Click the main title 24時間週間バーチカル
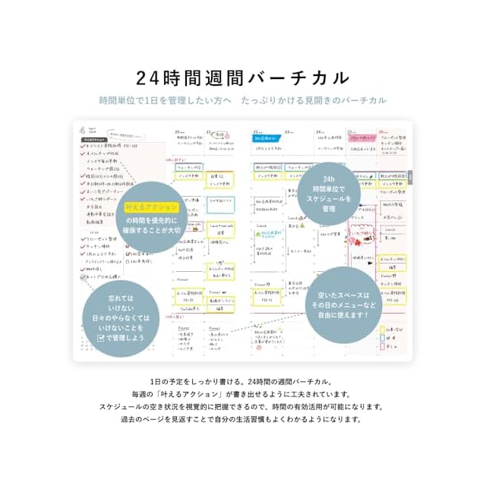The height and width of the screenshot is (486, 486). tap(242, 77)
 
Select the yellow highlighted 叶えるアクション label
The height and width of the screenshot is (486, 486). tap(152, 207)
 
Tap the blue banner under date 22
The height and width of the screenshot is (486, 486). tap(267, 139)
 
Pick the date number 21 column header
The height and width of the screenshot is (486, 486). tap(208, 131)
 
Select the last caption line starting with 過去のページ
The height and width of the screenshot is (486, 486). tap(242, 418)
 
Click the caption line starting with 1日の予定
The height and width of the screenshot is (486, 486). tap(242, 382)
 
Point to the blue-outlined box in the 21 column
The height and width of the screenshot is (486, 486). tap(220, 204)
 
